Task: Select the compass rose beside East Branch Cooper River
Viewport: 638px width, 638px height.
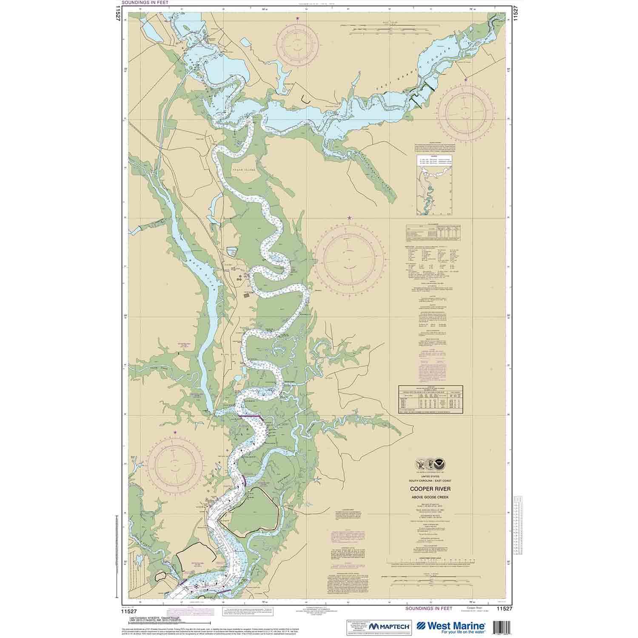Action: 466,107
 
